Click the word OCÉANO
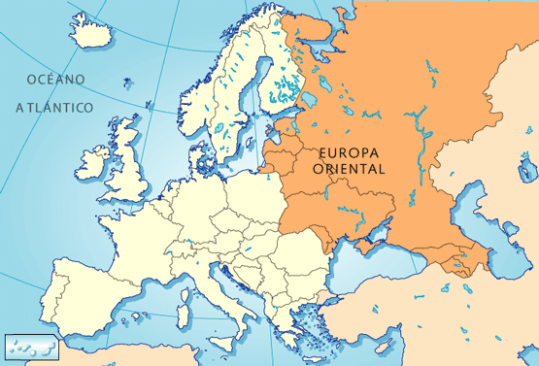pos(56,79)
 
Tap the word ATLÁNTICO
pos(53,107)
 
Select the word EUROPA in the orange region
pos(350,151)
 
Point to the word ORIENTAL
pos(350,168)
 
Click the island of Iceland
pos(93,34)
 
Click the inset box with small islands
pos(31,346)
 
